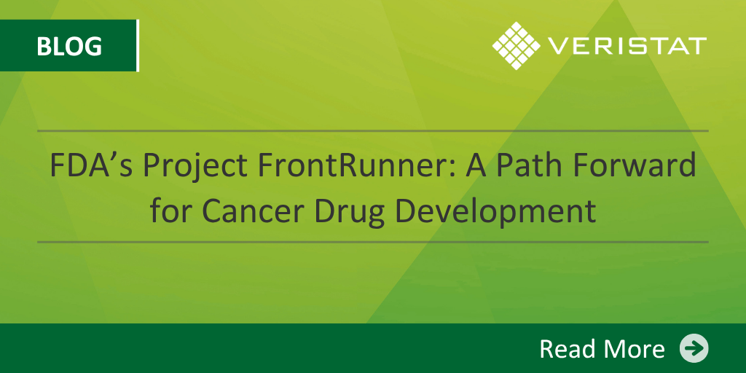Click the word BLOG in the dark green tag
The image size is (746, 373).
click(69, 46)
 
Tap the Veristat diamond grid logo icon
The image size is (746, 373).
click(517, 46)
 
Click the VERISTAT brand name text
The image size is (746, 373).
click(627, 46)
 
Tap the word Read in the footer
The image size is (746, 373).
click(565, 349)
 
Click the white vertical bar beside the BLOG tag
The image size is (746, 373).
click(138, 46)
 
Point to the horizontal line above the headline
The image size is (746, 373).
click(373, 130)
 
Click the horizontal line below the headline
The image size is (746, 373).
click(373, 242)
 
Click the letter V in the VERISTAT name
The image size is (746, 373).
click(557, 46)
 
